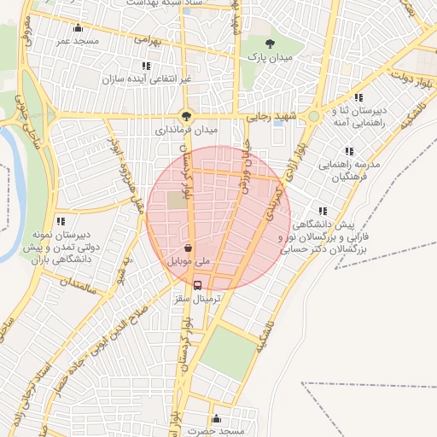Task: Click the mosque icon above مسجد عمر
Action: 79,28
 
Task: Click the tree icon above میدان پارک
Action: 271,43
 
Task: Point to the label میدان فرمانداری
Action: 187,131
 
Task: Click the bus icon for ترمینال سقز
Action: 198,286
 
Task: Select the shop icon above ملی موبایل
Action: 187,248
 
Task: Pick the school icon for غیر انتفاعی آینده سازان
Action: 147,65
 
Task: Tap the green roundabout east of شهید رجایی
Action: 314,116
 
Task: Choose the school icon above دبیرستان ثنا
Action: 358,97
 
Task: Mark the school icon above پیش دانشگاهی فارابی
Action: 322,210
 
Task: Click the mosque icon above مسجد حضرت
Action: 217,419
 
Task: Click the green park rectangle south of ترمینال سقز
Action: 229,353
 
